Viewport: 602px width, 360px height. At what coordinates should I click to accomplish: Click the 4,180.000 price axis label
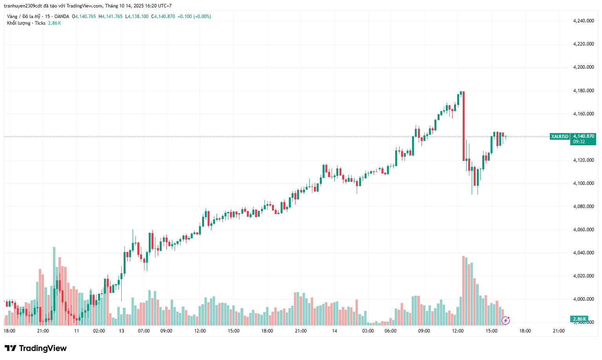(x=583, y=91)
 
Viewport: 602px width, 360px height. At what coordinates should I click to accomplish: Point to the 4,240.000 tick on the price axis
(x=583, y=21)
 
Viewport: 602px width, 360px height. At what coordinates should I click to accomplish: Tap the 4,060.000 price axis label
(x=583, y=230)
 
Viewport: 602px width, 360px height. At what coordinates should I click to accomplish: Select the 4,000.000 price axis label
(x=583, y=299)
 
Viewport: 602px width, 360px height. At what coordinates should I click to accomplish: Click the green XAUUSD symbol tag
(x=559, y=137)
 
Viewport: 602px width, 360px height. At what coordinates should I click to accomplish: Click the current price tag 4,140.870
(x=583, y=136)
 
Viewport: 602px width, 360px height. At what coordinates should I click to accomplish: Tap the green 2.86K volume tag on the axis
(x=579, y=319)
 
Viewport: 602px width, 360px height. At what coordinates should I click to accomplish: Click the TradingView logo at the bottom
(x=36, y=348)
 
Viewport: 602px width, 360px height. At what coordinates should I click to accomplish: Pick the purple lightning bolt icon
(x=506, y=320)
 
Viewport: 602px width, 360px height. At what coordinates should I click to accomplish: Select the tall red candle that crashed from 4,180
(x=463, y=126)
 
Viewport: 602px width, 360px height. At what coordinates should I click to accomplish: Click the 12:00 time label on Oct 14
(x=458, y=331)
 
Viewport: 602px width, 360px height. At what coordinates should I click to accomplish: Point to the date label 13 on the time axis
(x=122, y=331)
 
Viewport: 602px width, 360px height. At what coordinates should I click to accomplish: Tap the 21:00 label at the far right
(x=558, y=331)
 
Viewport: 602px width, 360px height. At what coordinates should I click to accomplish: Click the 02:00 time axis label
(x=99, y=331)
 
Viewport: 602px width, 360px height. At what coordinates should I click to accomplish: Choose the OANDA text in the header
(x=62, y=16)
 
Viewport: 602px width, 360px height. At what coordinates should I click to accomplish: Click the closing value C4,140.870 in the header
(x=163, y=16)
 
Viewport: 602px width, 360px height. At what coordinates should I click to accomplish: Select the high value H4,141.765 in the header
(x=111, y=16)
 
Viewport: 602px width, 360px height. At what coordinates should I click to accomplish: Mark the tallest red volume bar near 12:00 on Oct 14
(x=463, y=291)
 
